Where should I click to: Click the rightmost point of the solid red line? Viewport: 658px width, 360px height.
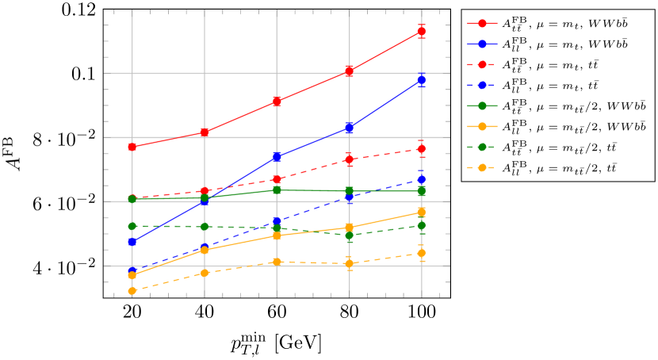[422, 32]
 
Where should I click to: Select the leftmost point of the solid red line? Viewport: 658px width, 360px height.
[132, 147]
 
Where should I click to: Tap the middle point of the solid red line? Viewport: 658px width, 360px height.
[277, 101]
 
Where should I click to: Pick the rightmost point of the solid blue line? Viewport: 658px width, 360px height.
[422, 79]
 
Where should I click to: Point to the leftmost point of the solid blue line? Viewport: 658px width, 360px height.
[132, 241]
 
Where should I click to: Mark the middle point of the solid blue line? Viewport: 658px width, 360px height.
[277, 156]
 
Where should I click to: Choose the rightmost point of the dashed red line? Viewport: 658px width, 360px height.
[422, 148]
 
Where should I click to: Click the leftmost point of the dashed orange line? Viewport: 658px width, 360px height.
[132, 291]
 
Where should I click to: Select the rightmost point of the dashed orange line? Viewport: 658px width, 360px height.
[422, 253]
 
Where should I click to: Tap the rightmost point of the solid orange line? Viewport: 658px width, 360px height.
[422, 212]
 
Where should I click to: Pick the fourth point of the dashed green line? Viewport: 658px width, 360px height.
[350, 235]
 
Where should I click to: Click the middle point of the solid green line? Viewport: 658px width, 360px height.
[277, 190]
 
